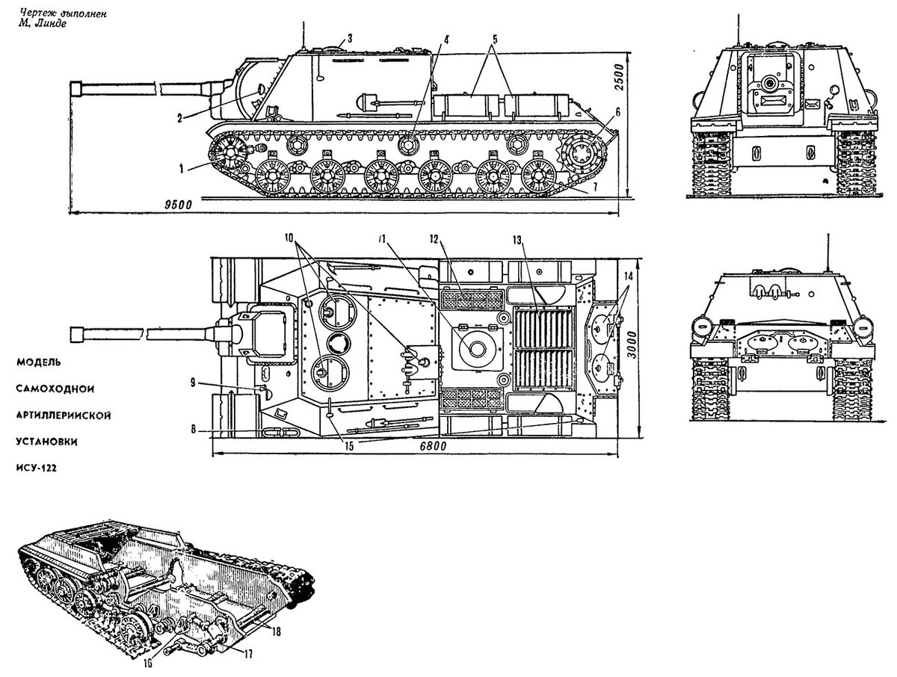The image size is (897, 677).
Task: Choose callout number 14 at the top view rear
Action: point(628,276)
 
